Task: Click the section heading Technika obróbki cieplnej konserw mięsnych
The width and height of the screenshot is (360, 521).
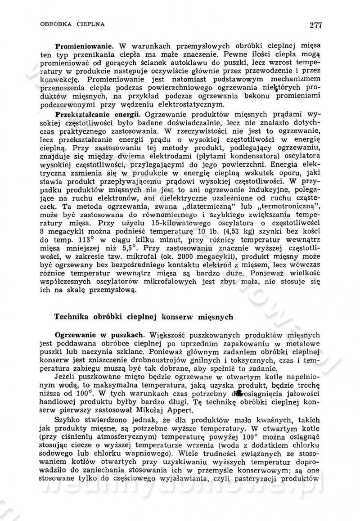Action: click(144, 317)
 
